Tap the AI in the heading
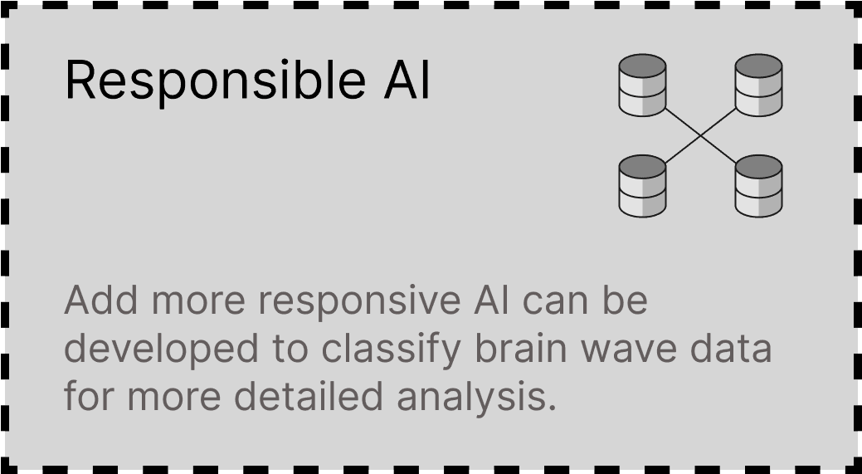point(407,80)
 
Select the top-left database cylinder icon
point(642,86)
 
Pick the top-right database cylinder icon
point(758,86)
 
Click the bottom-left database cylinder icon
point(642,186)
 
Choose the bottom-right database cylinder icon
point(758,186)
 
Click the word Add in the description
point(101,300)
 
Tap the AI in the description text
point(491,301)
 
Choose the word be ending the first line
point(625,300)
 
